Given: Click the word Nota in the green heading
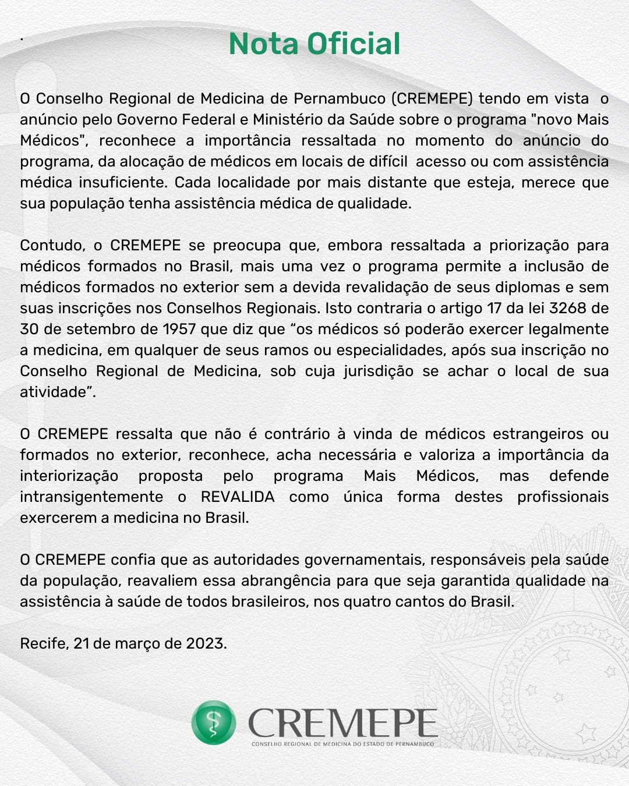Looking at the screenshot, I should pyautogui.click(x=264, y=44).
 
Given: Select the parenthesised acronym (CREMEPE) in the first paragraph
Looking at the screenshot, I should pyautogui.click(x=432, y=98).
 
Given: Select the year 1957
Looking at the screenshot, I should pyautogui.click(x=179, y=329).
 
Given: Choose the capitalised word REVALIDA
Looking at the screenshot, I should pyautogui.click(x=238, y=497).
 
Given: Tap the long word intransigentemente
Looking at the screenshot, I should pyautogui.click(x=91, y=497).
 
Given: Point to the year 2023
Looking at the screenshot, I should pyautogui.click(x=206, y=643).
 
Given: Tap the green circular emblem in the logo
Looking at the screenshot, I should pyautogui.click(x=214, y=723).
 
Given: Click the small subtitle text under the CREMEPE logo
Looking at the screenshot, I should pyautogui.click(x=343, y=744).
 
